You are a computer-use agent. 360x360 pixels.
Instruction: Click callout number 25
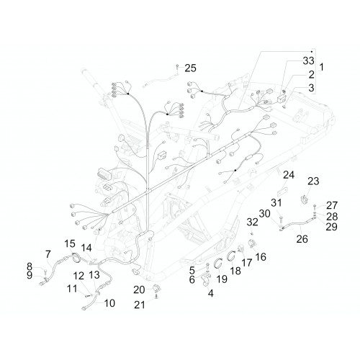pyautogui.click(x=191, y=68)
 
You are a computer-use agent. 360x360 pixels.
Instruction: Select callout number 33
pyautogui.click(x=308, y=60)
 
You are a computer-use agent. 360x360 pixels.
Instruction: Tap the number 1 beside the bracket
pyautogui.click(x=322, y=67)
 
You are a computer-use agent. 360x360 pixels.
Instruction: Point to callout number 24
pyautogui.click(x=289, y=175)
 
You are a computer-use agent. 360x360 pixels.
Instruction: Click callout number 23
pyautogui.click(x=313, y=181)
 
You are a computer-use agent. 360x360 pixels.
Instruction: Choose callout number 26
pyautogui.click(x=302, y=239)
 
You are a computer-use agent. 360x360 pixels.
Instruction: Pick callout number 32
pyautogui.click(x=252, y=222)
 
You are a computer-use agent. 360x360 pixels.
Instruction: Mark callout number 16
pyautogui.click(x=261, y=257)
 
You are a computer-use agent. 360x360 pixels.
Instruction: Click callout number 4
pyautogui.click(x=210, y=293)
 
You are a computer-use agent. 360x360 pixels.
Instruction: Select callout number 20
pyautogui.click(x=139, y=289)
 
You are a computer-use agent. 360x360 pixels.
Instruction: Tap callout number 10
pyautogui.click(x=109, y=303)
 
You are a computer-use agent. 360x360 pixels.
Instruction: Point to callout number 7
pyautogui.click(x=48, y=254)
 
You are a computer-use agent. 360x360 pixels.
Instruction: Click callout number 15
pyautogui.click(x=70, y=243)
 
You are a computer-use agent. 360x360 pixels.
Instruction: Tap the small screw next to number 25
pyautogui.click(x=177, y=66)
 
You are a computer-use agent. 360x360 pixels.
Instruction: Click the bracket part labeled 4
pyautogui.click(x=205, y=280)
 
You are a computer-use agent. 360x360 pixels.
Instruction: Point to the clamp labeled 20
pyautogui.click(x=156, y=287)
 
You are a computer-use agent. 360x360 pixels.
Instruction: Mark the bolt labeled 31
pyautogui.click(x=282, y=219)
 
